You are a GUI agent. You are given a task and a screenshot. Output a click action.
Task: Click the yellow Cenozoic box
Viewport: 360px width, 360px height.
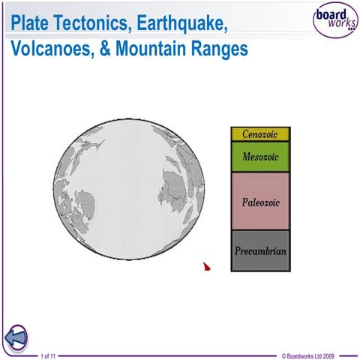click(x=259, y=134)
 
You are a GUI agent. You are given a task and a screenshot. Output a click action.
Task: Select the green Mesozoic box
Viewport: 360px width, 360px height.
click(x=259, y=156)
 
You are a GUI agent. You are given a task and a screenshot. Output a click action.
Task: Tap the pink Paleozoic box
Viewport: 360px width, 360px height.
click(x=259, y=200)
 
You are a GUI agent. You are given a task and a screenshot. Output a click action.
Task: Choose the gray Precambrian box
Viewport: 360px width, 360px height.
click(x=259, y=250)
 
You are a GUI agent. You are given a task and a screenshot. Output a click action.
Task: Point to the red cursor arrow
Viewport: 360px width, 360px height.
click(x=207, y=265)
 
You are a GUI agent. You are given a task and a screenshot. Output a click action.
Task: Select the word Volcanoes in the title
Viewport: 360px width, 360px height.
click(x=49, y=49)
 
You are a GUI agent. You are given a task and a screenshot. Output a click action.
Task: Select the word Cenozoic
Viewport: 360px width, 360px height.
click(x=259, y=134)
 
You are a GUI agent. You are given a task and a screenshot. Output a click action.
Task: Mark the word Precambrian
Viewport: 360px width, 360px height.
click(x=259, y=250)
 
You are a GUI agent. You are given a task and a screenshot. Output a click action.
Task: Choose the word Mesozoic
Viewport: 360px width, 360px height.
click(x=259, y=157)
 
